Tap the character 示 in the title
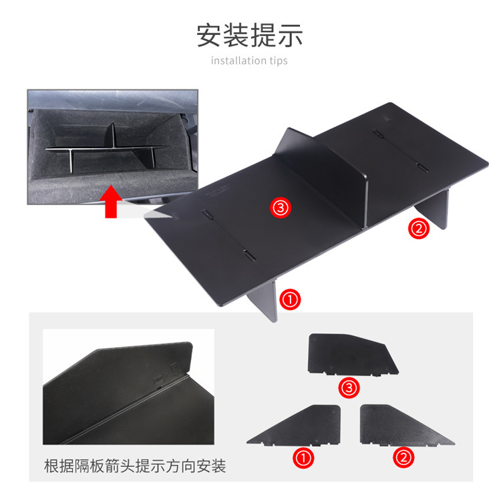pos(291,35)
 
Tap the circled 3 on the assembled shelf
pos(281,208)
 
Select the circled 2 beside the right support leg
pos(418,228)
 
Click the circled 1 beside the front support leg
pos(291,299)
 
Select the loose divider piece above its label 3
pos(351,354)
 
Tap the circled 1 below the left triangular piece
pos(304,458)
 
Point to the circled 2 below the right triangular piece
pos(405,458)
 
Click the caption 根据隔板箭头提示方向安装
pos(134,466)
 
